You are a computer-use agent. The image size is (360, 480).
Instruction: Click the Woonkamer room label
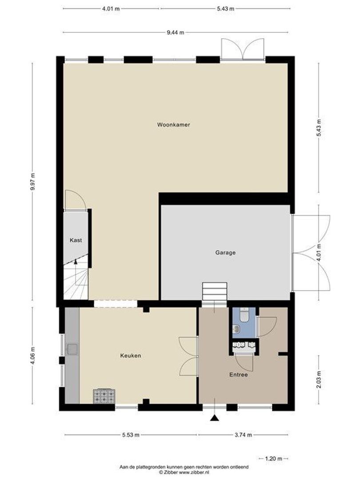tap(173, 125)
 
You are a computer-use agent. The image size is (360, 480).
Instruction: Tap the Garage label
tap(225, 252)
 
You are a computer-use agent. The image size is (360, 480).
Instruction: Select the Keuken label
tap(130, 356)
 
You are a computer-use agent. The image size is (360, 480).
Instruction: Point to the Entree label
tap(238, 375)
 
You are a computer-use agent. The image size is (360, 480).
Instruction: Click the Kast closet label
tap(76, 240)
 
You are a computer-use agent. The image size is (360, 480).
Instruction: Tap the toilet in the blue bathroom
tap(244, 315)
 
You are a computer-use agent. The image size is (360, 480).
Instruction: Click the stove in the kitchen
tap(104, 396)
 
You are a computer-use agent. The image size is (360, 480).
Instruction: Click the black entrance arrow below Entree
tap(215, 418)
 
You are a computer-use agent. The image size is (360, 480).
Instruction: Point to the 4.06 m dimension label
tap(32, 355)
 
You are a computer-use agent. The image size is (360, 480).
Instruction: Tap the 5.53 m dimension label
tap(131, 435)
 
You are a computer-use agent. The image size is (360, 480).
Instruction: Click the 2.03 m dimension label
tap(318, 379)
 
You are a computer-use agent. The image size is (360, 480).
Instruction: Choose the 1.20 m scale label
tap(273, 458)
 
